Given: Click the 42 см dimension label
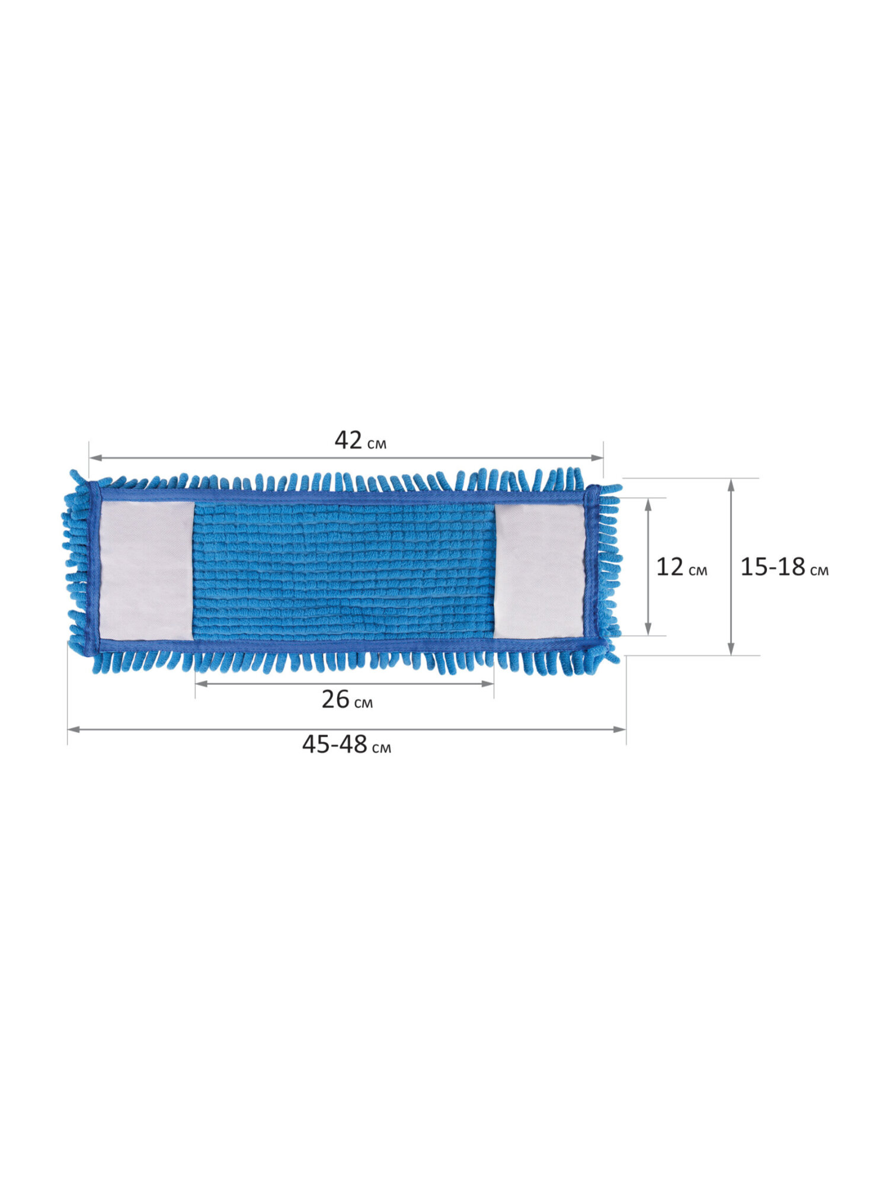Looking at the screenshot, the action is click(x=360, y=441).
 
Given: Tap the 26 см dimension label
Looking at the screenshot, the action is click(x=347, y=700).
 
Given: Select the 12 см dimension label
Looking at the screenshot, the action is click(x=681, y=568).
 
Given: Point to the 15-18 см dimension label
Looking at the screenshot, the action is click(x=784, y=568).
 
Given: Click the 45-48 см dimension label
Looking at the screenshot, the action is click(x=347, y=744).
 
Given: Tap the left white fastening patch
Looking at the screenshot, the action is click(x=146, y=571).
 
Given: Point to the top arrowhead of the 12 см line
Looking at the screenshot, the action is click(x=648, y=504).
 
